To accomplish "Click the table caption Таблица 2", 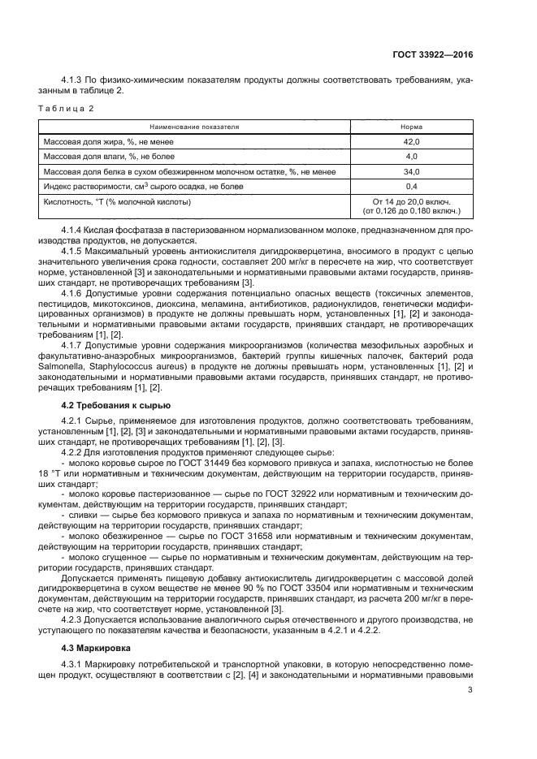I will pos(69,108).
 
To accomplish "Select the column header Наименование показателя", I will pos(193,127).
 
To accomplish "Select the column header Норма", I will pos(411,127).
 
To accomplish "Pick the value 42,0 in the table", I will pos(411,141).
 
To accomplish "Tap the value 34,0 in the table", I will pos(411,171).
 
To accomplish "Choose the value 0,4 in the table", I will pos(411,187).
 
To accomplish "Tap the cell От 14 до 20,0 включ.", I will pos(411,201).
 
